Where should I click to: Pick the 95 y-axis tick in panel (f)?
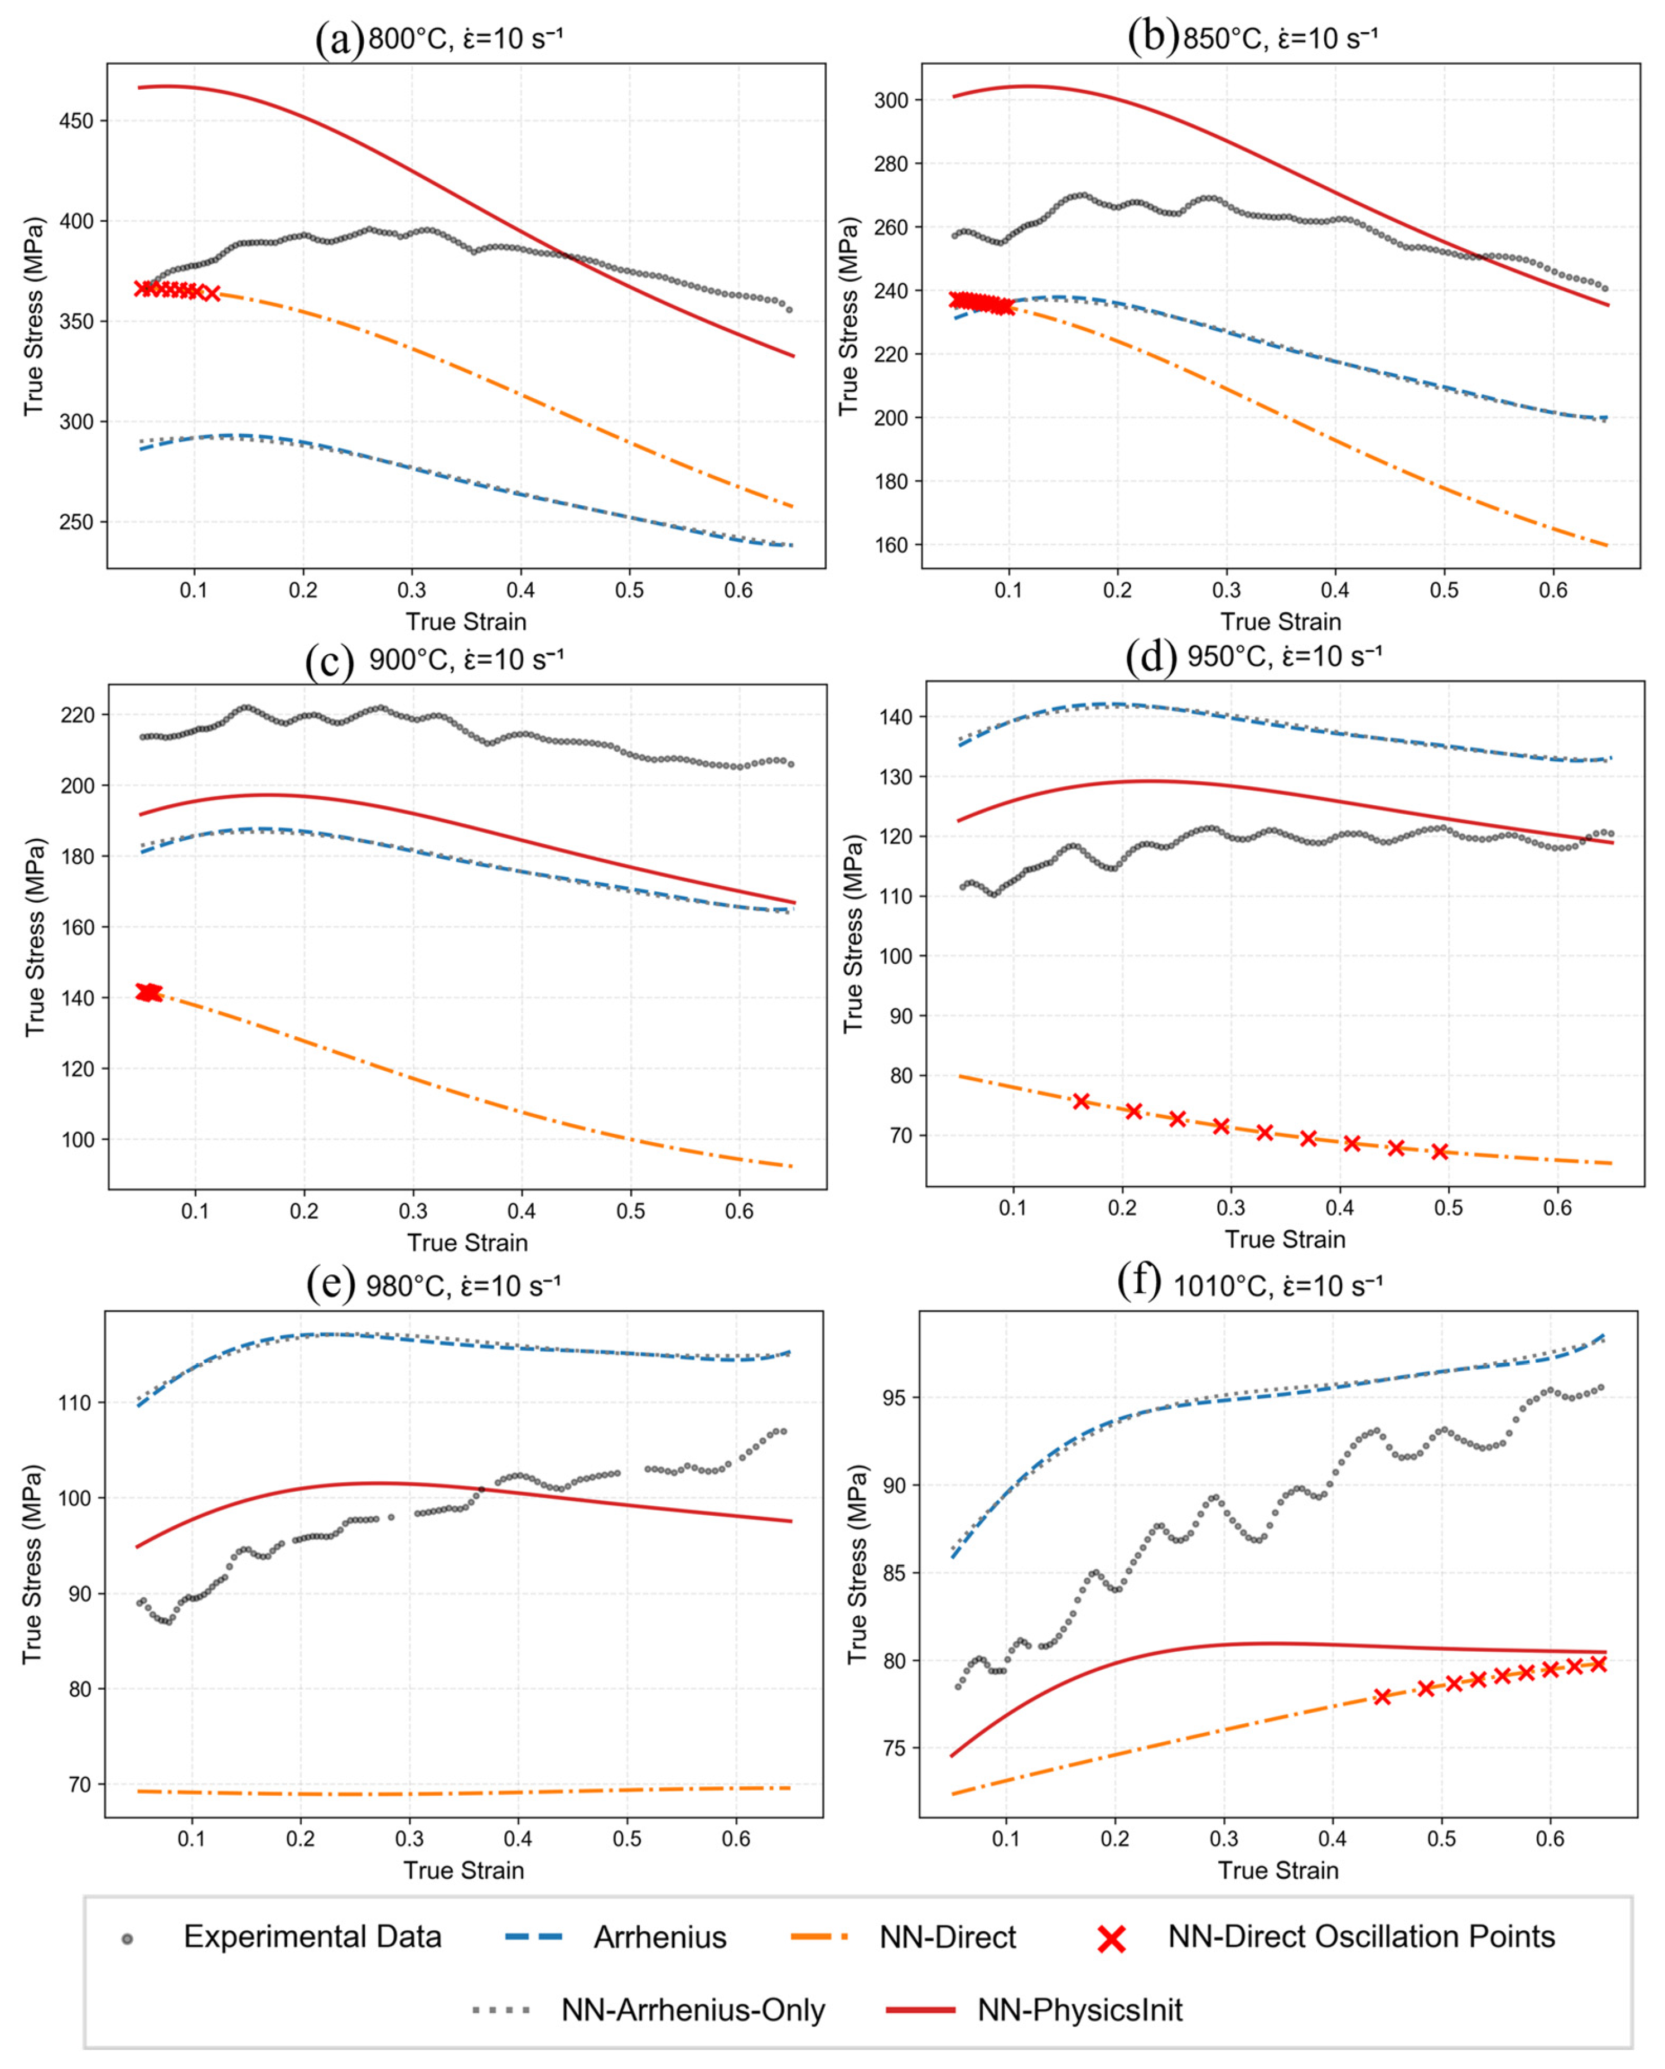895,1397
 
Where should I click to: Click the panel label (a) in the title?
340,40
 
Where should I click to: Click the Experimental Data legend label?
313,1937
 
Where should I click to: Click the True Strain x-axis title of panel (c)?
467,1243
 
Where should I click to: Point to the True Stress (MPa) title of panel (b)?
848,316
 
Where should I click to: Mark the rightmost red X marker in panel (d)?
1440,1152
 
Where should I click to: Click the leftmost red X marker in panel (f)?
1382,1696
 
